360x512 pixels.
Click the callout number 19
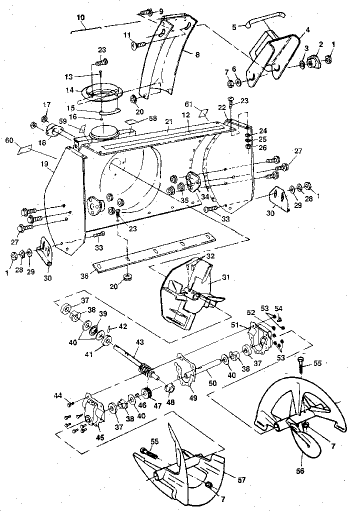[44, 163]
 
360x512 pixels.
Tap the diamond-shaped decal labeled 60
[24, 149]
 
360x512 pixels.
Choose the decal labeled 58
[132, 121]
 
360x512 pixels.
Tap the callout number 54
[279, 309]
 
